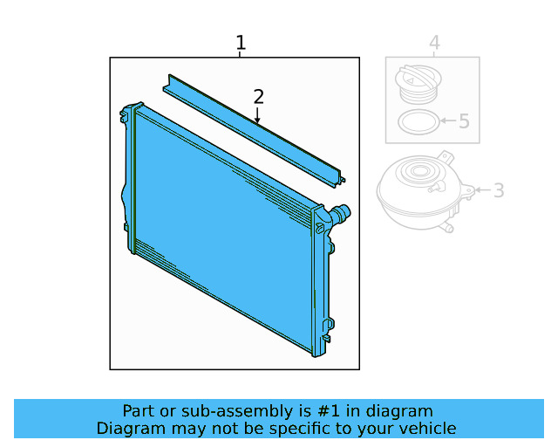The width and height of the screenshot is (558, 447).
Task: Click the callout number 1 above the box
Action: click(x=241, y=43)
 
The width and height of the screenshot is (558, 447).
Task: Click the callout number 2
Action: click(x=258, y=96)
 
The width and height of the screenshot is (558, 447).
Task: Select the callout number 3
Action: click(x=499, y=190)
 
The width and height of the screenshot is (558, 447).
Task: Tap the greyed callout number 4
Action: click(x=434, y=43)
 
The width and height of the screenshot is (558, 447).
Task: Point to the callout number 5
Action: click(x=464, y=121)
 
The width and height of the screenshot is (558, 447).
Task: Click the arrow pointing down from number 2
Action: click(x=257, y=114)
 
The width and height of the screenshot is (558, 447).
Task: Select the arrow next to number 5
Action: click(x=447, y=121)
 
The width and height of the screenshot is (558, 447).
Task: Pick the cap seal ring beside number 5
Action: click(x=418, y=122)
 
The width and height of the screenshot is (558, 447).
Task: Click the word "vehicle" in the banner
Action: click(x=426, y=428)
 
